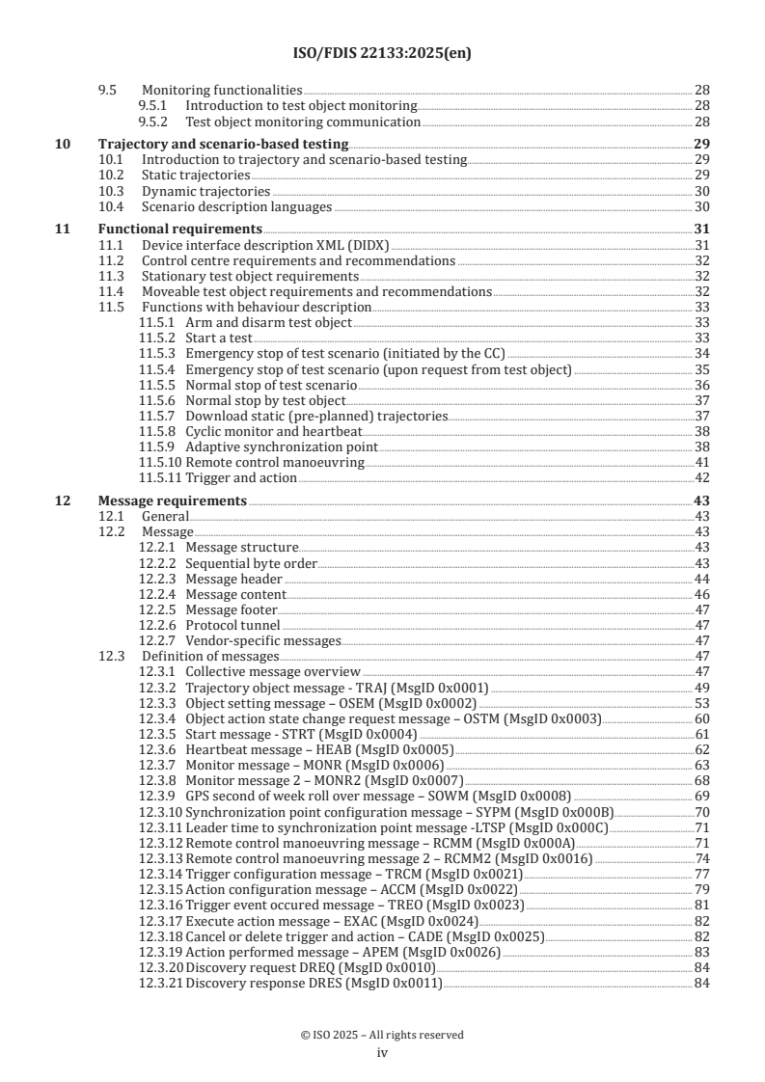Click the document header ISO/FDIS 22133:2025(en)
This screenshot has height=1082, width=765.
pyautogui.click(x=381, y=53)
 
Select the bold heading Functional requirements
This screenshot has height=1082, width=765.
pyautogui.click(x=180, y=230)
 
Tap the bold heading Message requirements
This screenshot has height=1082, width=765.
pyautogui.click(x=173, y=501)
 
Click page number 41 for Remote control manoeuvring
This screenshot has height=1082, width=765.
pyautogui.click(x=702, y=463)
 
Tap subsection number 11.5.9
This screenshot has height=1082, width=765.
pyautogui.click(x=157, y=447)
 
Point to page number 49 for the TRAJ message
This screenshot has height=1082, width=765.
pyautogui.click(x=702, y=688)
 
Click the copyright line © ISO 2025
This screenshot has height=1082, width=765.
pyautogui.click(x=381, y=1035)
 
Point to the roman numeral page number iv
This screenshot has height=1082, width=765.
pyautogui.click(x=381, y=1052)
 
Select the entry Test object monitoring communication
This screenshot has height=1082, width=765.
pyautogui.click(x=302, y=122)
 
